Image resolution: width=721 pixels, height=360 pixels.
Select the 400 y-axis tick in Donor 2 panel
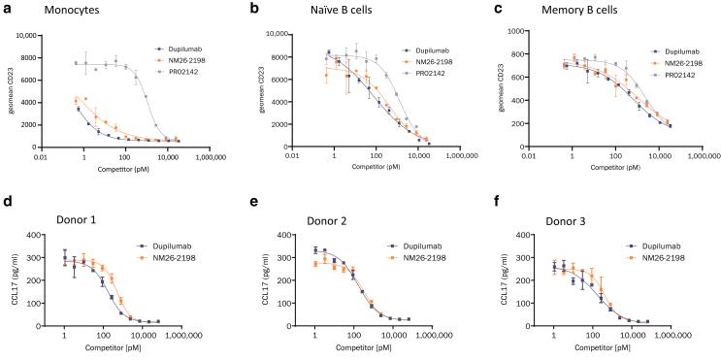(x=287, y=234)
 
